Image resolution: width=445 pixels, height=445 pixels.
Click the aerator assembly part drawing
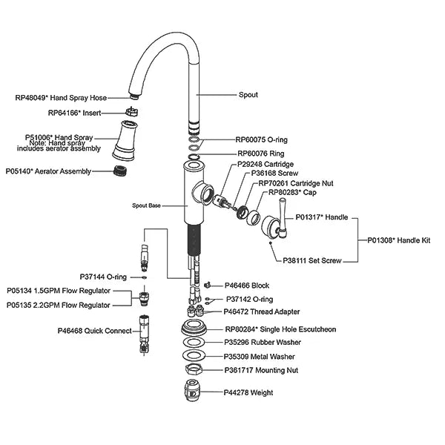click(x=120, y=171)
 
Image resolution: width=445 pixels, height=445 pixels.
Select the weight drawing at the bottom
click(x=193, y=390)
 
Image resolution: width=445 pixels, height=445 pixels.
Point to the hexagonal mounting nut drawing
click(x=194, y=370)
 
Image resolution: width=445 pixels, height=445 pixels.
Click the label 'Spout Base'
click(x=146, y=205)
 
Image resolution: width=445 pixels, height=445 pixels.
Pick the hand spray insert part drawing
click(x=132, y=111)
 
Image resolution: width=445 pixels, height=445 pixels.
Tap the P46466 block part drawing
click(x=208, y=285)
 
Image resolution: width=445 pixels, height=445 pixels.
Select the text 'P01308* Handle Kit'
click(x=399, y=240)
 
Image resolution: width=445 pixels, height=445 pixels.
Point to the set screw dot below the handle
click(x=271, y=243)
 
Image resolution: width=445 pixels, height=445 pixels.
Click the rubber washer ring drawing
click(x=194, y=342)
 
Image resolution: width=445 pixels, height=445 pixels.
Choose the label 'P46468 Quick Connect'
click(x=94, y=331)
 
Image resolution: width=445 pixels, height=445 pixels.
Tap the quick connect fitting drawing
click(x=145, y=334)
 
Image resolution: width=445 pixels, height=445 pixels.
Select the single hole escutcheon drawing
click(x=194, y=327)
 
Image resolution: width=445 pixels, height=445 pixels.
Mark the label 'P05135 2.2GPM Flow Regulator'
click(x=58, y=305)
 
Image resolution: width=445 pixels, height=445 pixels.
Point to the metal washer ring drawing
click(x=194, y=355)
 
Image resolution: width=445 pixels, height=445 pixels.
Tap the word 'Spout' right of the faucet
click(x=248, y=94)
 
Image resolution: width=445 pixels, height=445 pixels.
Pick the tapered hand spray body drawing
click(x=125, y=140)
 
